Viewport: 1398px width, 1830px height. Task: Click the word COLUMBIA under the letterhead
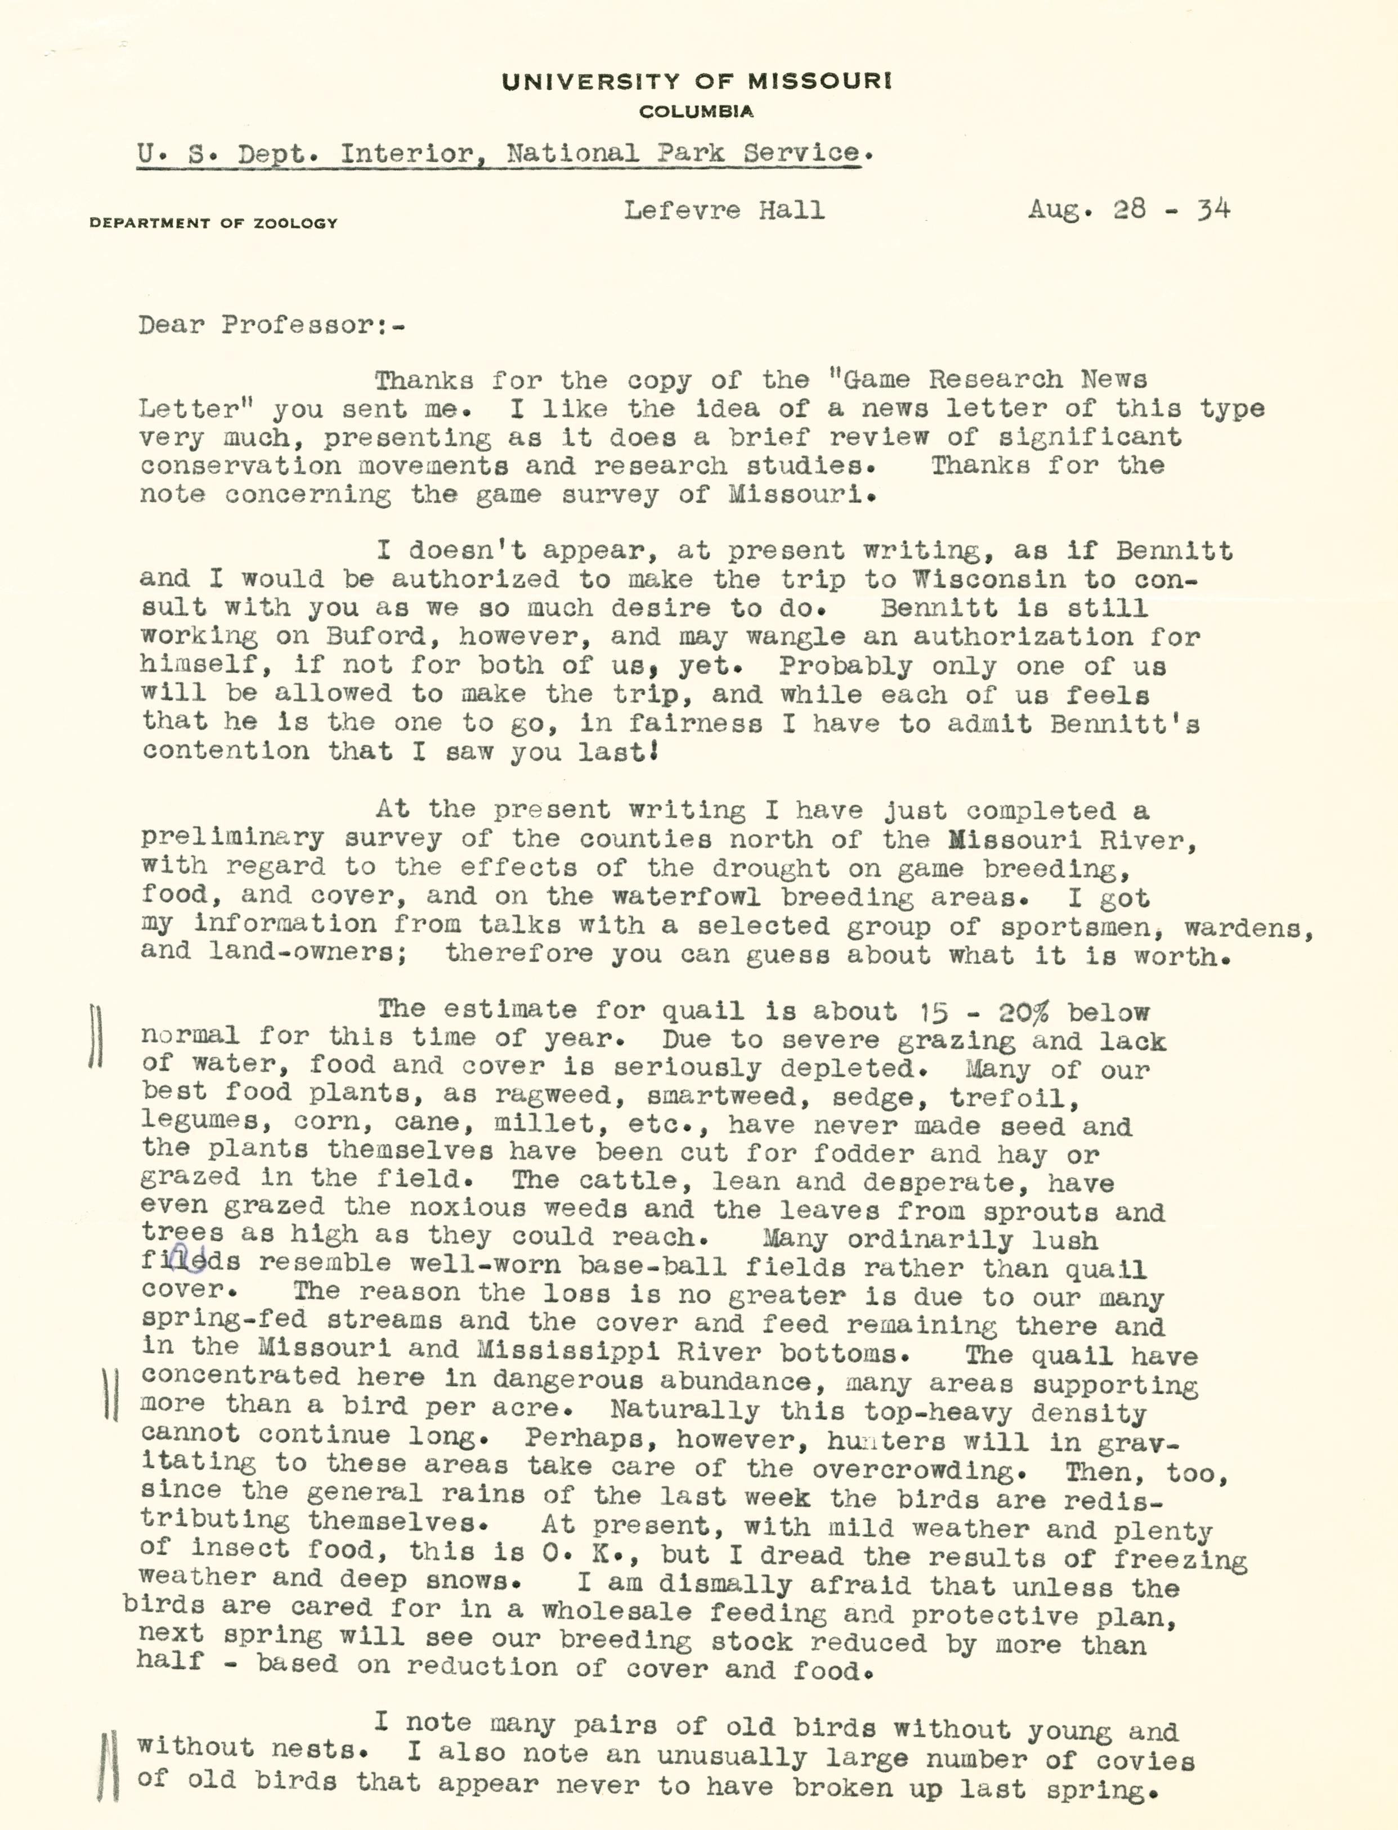coord(697,111)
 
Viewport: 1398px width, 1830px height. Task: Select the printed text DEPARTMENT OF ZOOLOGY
coord(213,223)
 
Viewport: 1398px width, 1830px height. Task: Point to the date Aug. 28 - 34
coord(1128,209)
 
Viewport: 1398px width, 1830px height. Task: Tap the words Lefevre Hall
coord(724,210)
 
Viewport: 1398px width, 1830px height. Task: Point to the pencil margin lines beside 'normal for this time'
coord(95,1037)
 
